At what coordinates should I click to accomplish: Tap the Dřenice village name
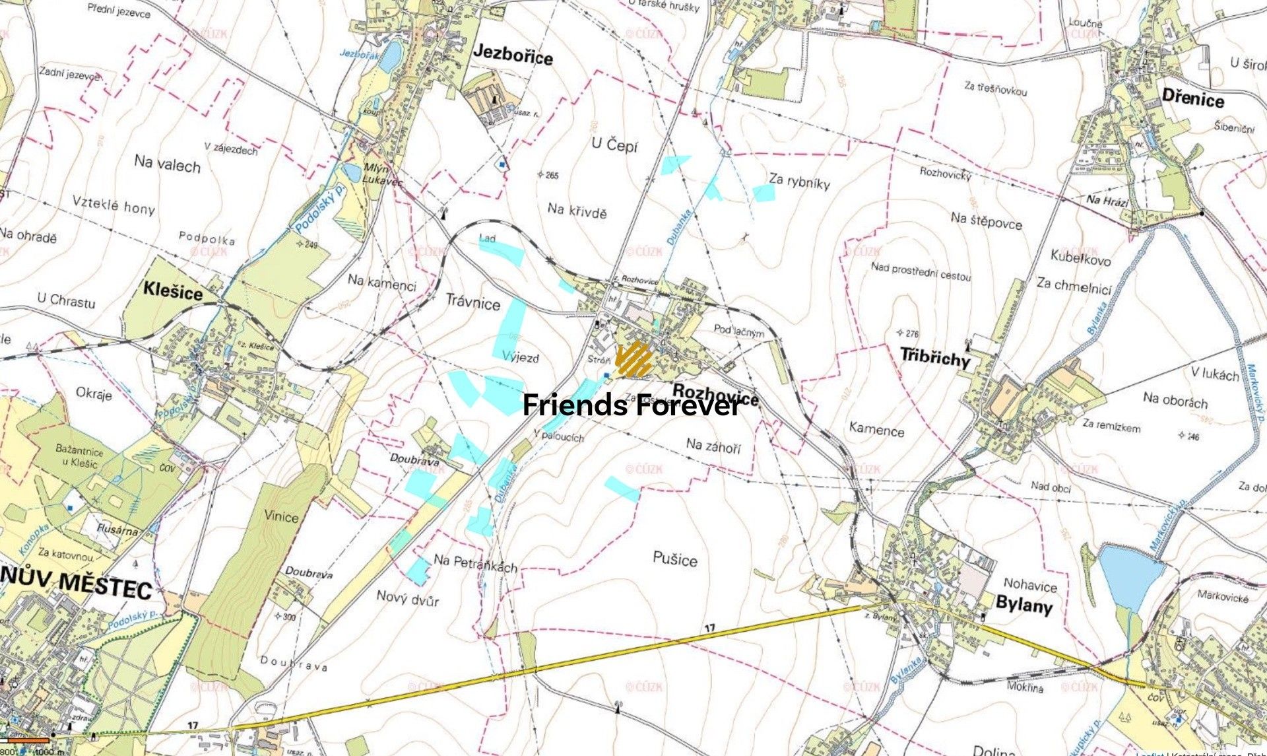(x=1192, y=99)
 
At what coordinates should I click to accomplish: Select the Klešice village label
(x=173, y=291)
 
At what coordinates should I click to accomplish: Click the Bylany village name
(x=1023, y=603)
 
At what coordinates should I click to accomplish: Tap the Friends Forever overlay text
(x=632, y=405)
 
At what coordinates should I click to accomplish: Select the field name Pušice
(x=675, y=560)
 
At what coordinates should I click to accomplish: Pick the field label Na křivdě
(x=577, y=211)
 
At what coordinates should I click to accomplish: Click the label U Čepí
(x=614, y=145)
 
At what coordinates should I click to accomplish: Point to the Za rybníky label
(x=799, y=182)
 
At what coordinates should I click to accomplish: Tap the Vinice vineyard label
(x=282, y=516)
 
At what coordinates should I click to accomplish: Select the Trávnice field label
(x=473, y=303)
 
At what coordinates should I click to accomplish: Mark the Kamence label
(x=876, y=429)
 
